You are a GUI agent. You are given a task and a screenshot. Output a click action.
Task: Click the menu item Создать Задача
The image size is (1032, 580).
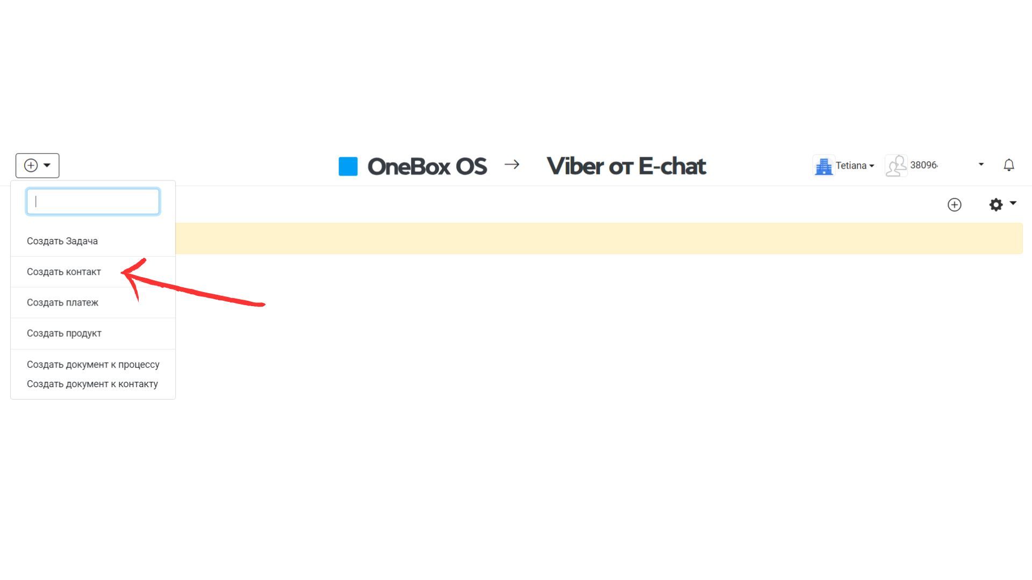[x=62, y=241]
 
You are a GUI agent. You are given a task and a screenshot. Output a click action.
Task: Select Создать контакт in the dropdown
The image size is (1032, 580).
[x=64, y=272]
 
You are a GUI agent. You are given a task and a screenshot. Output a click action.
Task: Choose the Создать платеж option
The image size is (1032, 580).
[x=62, y=302]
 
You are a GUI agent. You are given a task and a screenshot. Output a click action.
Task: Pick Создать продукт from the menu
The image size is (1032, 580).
[x=64, y=333]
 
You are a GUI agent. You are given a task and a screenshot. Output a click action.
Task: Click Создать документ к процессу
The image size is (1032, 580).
[x=93, y=364]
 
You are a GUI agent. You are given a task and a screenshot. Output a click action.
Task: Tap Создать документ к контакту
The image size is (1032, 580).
[x=92, y=384]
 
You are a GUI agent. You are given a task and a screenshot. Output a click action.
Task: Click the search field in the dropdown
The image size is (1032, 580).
[x=93, y=201]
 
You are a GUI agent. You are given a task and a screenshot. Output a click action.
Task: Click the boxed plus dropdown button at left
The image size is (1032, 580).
[x=38, y=165]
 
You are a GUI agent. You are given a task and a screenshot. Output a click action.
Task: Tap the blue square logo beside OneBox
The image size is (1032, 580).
[x=348, y=166]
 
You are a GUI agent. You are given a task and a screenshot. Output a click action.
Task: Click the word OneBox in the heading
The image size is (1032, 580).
[x=408, y=166]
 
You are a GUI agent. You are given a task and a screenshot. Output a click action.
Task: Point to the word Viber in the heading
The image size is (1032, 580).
[x=574, y=166]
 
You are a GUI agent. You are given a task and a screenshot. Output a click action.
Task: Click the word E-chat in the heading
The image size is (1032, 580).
[x=672, y=166]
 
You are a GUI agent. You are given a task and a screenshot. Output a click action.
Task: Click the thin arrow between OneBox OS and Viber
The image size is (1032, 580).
[x=512, y=164]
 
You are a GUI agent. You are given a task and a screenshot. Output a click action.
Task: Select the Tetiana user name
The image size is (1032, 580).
[x=851, y=165]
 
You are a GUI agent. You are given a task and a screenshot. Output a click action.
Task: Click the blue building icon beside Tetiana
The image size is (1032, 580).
[x=823, y=166]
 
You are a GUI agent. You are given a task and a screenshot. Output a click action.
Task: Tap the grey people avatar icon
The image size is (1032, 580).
[x=896, y=165]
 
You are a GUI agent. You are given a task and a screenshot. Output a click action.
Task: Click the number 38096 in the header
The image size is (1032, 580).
[x=924, y=165]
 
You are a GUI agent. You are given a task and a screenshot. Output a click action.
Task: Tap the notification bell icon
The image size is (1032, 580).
[x=1009, y=165]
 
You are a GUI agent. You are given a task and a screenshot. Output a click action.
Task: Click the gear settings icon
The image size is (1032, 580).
[x=996, y=205]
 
